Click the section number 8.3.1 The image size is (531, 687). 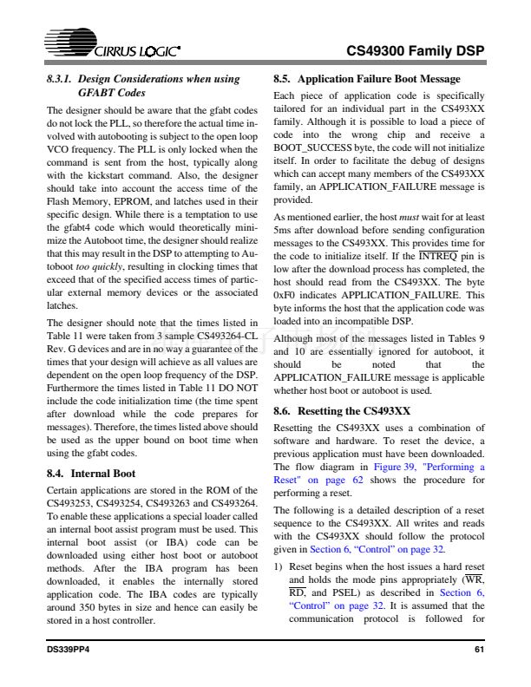click(61, 79)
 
